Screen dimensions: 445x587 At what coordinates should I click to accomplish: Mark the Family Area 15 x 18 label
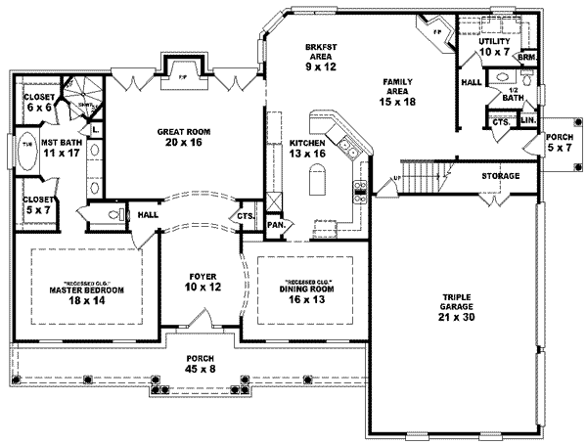[394, 90]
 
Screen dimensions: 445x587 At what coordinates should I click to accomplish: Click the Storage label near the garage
[500, 176]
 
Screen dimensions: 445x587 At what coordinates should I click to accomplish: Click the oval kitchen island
[316, 183]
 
